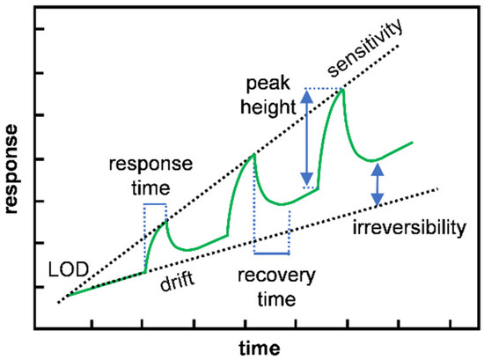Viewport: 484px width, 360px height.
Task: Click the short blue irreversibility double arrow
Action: click(x=378, y=187)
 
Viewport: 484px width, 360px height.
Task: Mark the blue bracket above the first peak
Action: click(x=154, y=204)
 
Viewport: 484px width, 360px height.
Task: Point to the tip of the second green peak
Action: click(x=254, y=155)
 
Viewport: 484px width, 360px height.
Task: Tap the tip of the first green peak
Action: click(x=165, y=222)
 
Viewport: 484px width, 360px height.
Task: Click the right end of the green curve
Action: click(x=411, y=142)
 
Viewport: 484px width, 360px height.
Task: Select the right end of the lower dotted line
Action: click(x=437, y=187)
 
